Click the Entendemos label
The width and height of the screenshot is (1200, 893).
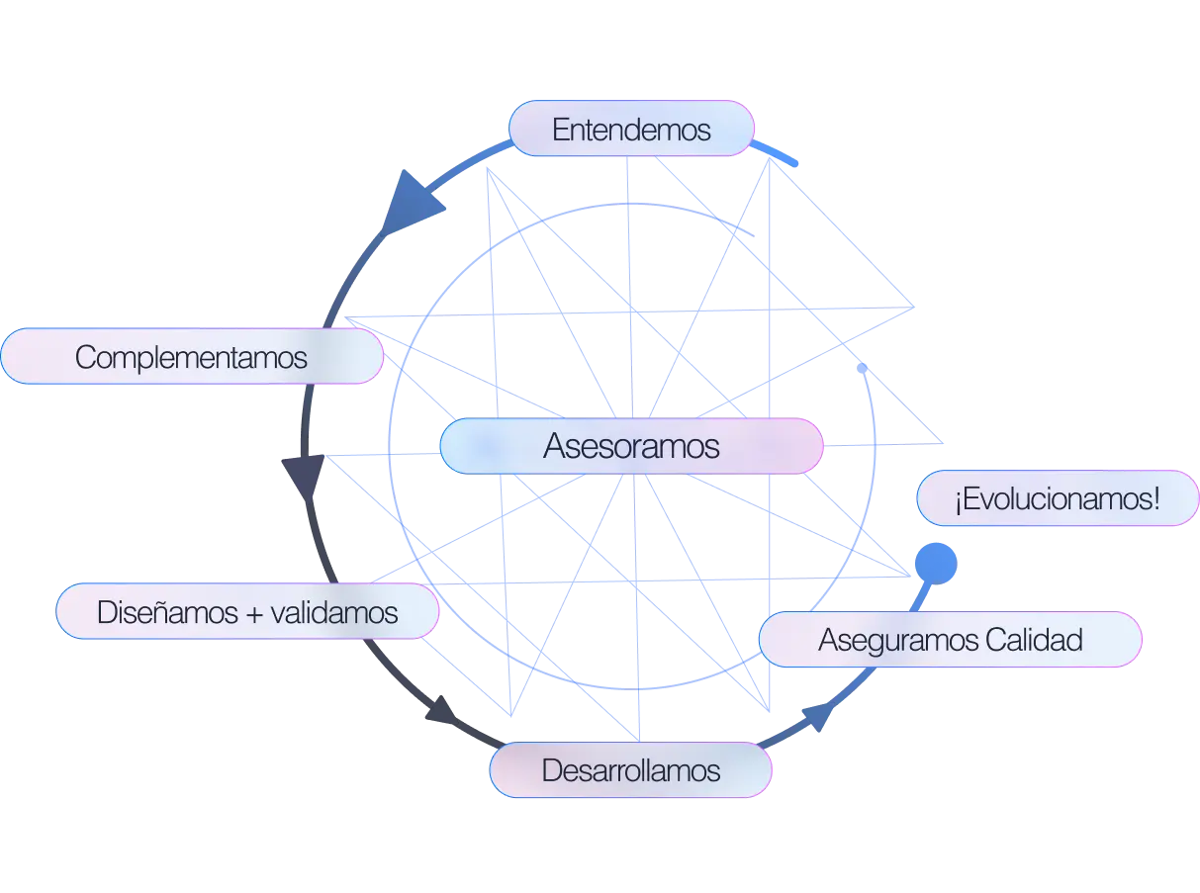pyautogui.click(x=631, y=130)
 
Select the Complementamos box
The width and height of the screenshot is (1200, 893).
pyautogui.click(x=191, y=357)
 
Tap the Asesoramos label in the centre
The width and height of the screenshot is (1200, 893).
pyautogui.click(x=631, y=446)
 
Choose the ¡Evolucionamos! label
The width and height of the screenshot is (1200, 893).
pyautogui.click(x=1057, y=498)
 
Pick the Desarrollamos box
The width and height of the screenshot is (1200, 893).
pyautogui.click(x=631, y=770)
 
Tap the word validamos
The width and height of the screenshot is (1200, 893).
pyautogui.click(x=337, y=612)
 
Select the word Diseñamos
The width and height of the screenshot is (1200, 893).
pyautogui.click(x=167, y=612)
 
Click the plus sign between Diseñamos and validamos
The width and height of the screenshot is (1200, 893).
pyautogui.click(x=254, y=613)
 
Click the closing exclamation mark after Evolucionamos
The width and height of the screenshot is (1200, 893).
pyautogui.click(x=1156, y=498)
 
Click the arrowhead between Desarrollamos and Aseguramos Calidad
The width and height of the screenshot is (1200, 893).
pyautogui.click(x=817, y=716)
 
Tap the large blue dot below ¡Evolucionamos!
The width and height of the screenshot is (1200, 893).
pyautogui.click(x=935, y=563)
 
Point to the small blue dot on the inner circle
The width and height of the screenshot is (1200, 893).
pyautogui.click(x=863, y=368)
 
